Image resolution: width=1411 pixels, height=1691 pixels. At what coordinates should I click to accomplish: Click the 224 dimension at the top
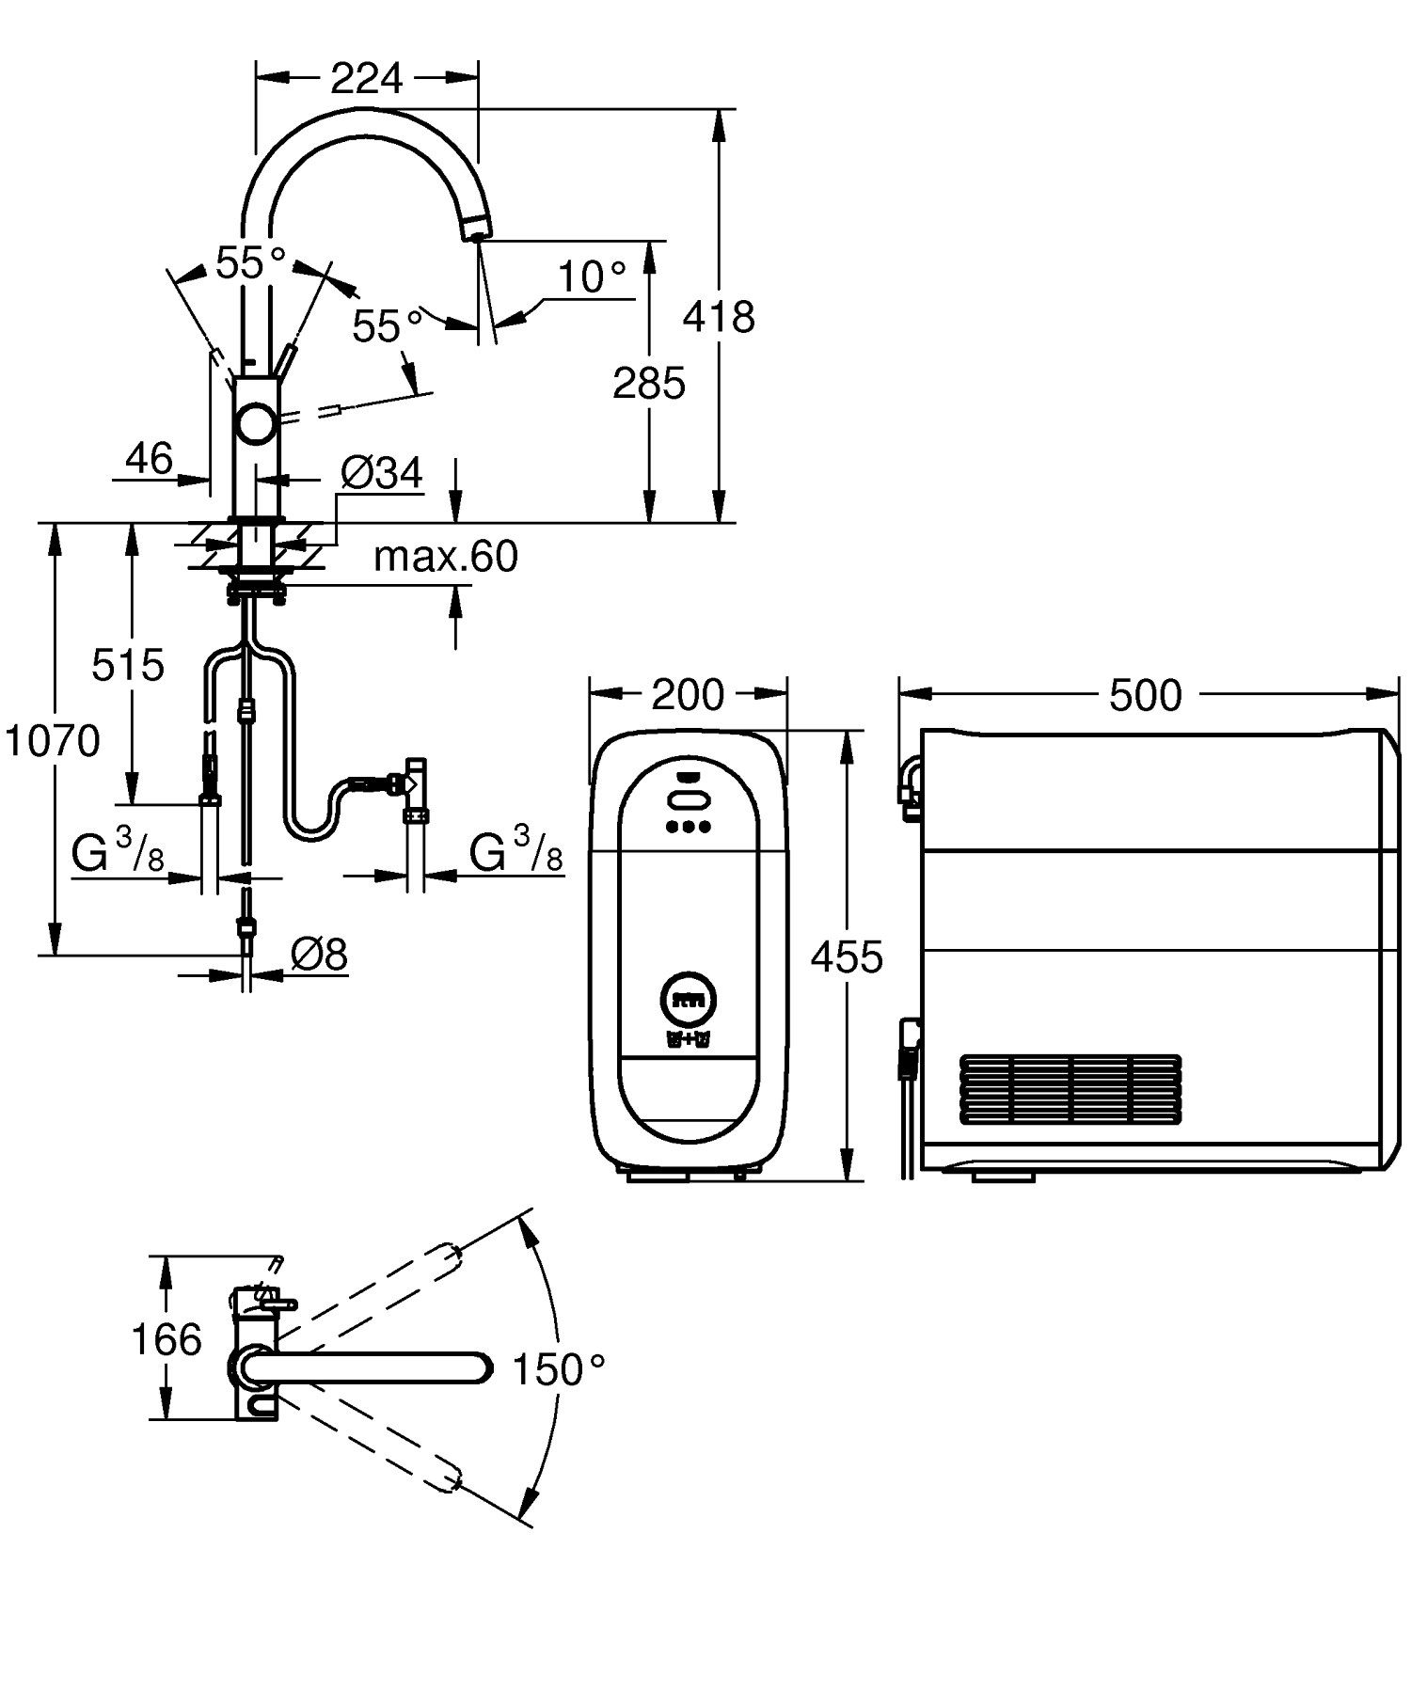click(x=366, y=79)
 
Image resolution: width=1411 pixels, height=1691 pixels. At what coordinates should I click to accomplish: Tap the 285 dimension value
click(x=648, y=384)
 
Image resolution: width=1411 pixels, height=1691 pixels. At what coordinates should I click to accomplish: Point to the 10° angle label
click(x=592, y=277)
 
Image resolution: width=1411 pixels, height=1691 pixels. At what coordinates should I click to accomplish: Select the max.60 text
click(x=446, y=557)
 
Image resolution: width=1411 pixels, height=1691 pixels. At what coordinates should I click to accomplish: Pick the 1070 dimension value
click(x=53, y=742)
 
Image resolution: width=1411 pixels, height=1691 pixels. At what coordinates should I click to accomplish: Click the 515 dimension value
click(x=128, y=666)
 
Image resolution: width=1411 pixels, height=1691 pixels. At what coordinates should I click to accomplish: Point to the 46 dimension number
click(x=150, y=459)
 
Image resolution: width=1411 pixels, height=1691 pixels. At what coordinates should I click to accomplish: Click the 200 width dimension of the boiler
click(x=688, y=695)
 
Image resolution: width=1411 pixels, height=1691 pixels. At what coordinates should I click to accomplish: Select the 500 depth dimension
click(x=1145, y=696)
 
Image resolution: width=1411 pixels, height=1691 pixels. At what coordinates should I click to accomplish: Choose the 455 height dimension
click(x=847, y=956)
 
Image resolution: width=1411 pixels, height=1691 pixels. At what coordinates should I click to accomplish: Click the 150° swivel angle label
click(x=559, y=1369)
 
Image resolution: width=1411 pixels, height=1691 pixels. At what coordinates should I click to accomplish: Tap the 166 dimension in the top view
click(x=166, y=1339)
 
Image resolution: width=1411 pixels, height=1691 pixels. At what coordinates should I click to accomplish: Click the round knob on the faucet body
click(x=255, y=423)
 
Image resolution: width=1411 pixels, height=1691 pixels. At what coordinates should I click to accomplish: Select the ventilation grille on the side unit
click(x=1070, y=1089)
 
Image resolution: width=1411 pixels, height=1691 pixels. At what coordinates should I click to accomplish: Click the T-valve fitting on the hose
click(x=415, y=780)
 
